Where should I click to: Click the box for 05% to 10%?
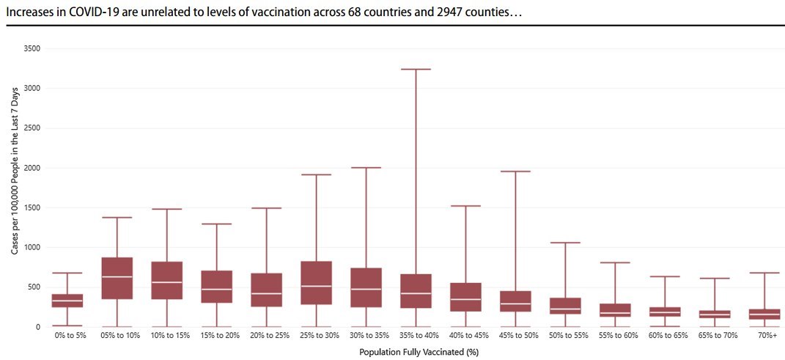tap(117, 279)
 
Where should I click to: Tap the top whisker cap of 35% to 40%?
tap(416, 70)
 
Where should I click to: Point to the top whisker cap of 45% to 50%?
tap(515, 172)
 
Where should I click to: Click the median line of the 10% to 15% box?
tap(166, 282)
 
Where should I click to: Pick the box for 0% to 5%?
tap(67, 301)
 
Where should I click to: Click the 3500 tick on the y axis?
tap(32, 48)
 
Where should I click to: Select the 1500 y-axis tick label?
tap(32, 207)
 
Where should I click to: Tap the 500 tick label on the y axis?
tap(34, 287)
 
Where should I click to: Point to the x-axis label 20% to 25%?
tap(266, 336)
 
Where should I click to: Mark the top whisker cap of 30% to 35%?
tap(366, 168)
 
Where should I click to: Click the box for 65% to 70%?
tap(715, 315)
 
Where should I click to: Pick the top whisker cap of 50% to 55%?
tap(565, 243)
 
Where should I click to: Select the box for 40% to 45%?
tap(465, 297)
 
